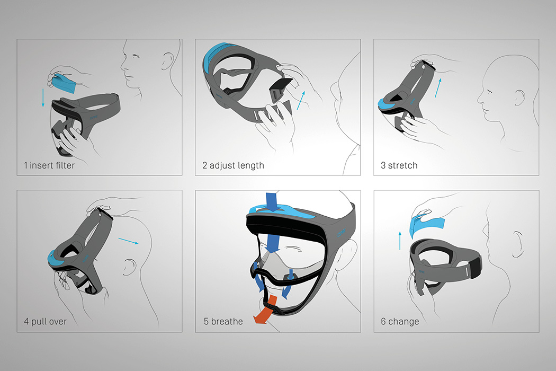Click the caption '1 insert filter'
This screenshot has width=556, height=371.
coord(49,165)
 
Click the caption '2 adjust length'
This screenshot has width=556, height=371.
coord(233,165)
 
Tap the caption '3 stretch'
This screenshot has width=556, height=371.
coord(399,165)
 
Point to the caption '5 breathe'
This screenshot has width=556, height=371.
coord(223,321)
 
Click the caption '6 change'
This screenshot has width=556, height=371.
coord(399,321)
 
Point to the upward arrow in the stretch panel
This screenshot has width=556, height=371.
coord(437,86)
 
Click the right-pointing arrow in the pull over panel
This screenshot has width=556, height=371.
coord(127,240)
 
